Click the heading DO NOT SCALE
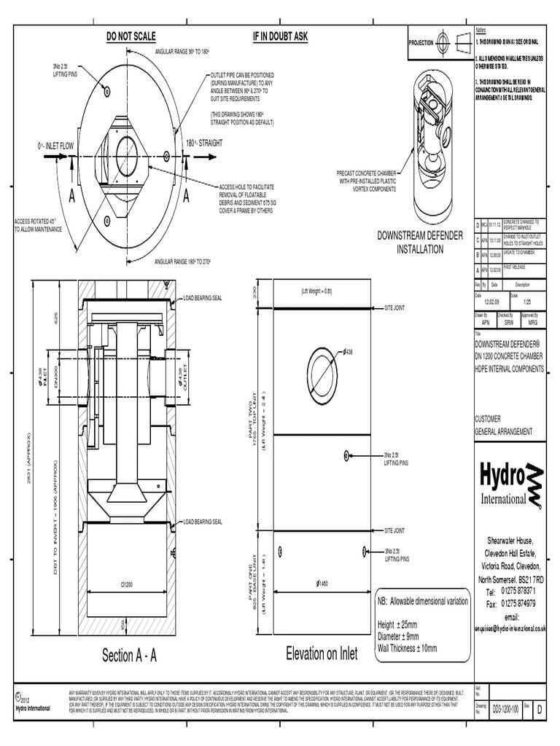[x=131, y=36]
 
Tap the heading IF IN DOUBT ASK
[x=280, y=36]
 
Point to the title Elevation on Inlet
[x=322, y=653]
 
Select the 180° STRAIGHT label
[x=207, y=144]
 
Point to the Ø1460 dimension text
[x=322, y=584]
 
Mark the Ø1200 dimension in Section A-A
[x=127, y=584]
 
